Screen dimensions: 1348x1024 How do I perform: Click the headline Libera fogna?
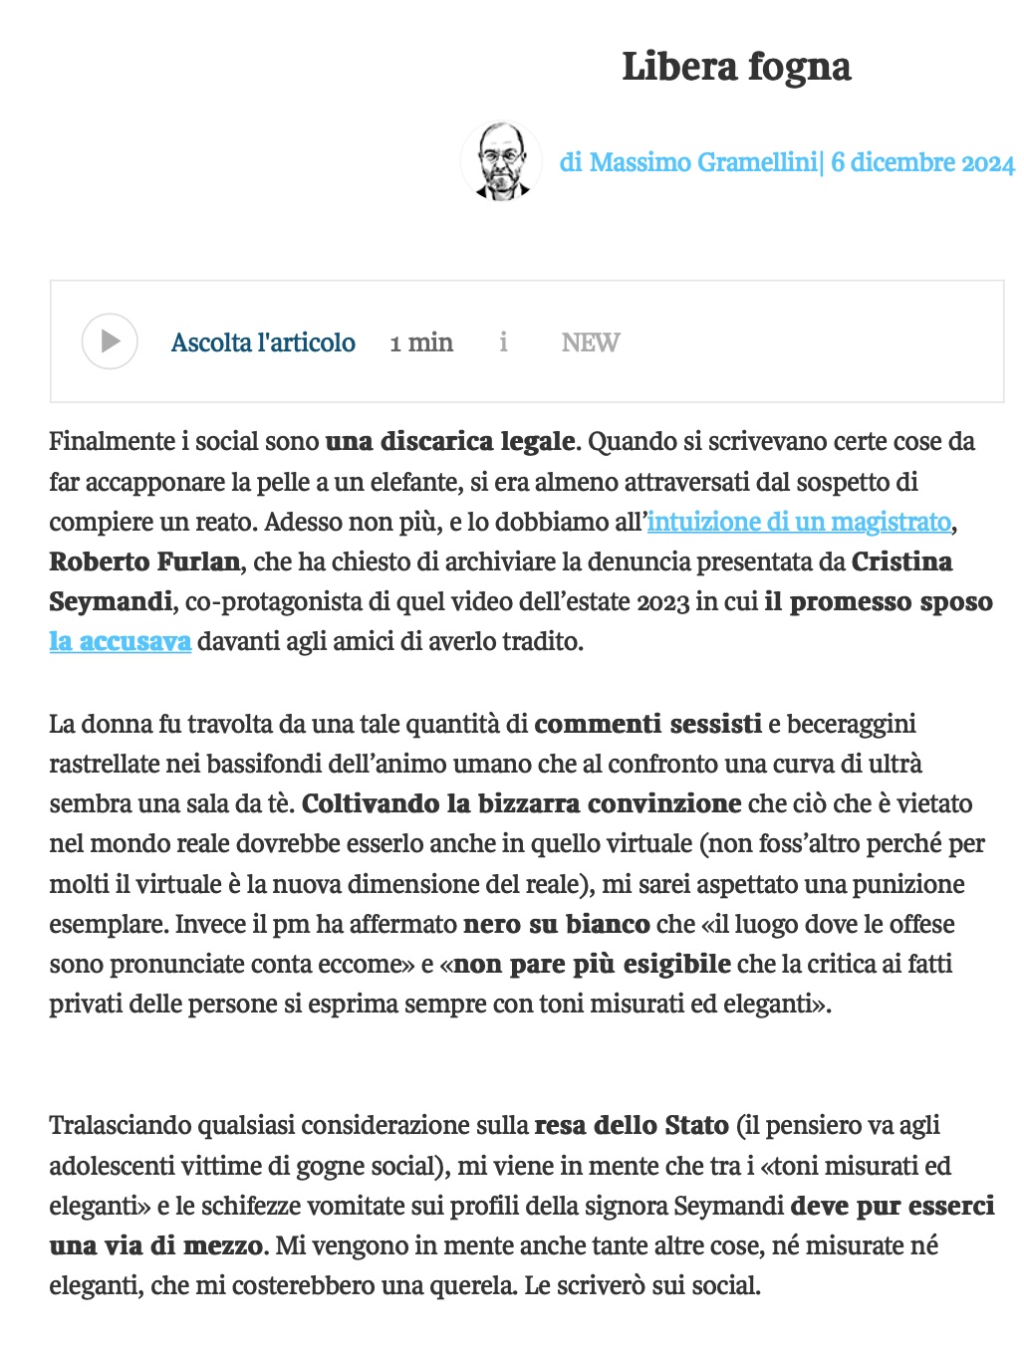click(x=736, y=67)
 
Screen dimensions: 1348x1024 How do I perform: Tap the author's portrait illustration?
click(x=501, y=161)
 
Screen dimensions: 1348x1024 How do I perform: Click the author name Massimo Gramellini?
click(x=702, y=162)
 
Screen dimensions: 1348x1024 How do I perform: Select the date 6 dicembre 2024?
click(x=922, y=162)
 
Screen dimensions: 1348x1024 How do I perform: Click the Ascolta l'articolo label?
click(x=263, y=342)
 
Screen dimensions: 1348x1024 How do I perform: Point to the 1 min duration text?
click(x=421, y=342)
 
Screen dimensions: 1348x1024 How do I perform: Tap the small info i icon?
click(x=503, y=342)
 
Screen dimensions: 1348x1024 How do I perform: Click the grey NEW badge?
click(x=590, y=342)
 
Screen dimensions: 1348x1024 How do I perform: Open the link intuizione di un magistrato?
click(x=799, y=522)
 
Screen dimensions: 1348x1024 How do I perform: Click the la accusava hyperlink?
click(x=121, y=641)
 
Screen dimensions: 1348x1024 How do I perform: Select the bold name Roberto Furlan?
click(x=144, y=562)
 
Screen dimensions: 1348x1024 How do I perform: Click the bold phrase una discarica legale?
click(x=450, y=441)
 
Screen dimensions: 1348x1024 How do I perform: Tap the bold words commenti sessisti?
click(x=647, y=724)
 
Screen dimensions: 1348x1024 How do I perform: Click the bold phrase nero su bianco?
click(x=557, y=924)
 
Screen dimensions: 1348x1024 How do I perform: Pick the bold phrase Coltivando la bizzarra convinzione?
click(x=521, y=803)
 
